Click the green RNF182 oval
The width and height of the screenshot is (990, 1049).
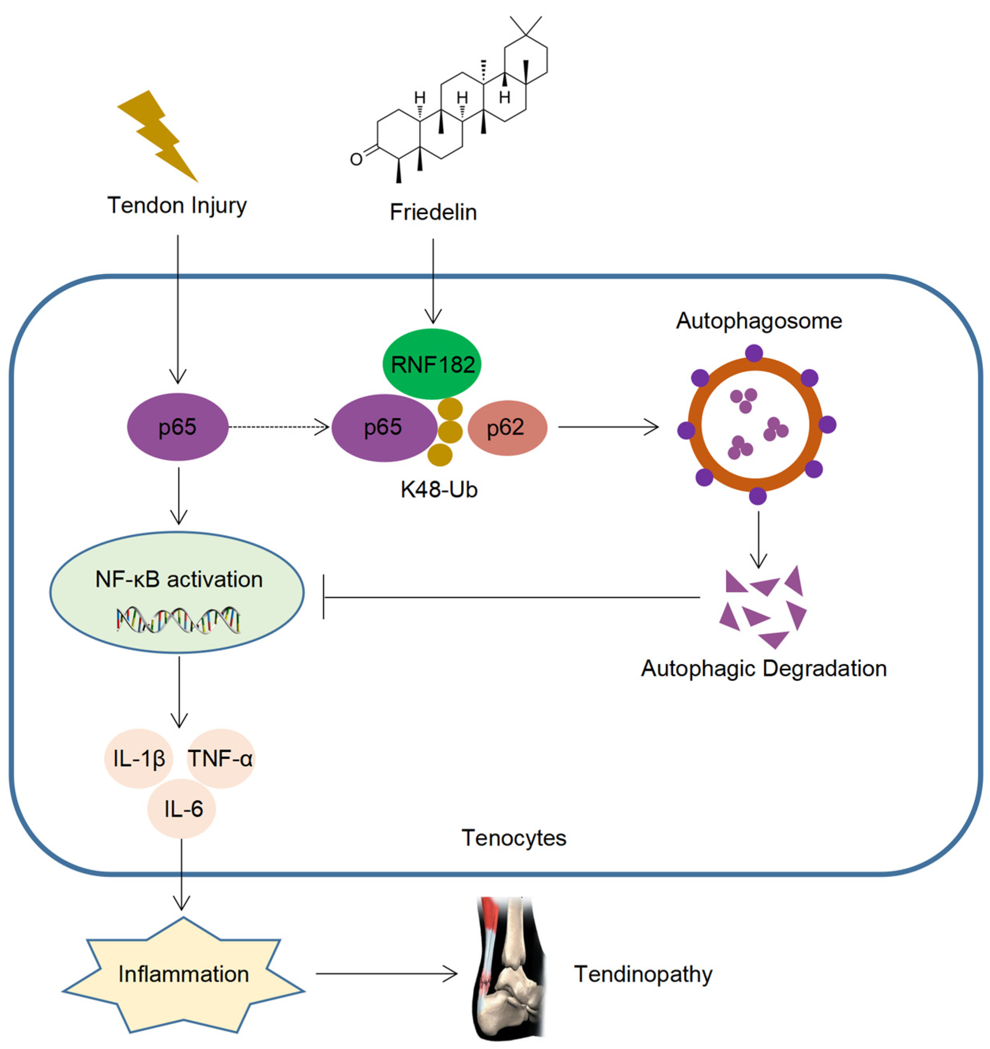pyautogui.click(x=432, y=364)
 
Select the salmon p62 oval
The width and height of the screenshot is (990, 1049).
pyautogui.click(x=506, y=428)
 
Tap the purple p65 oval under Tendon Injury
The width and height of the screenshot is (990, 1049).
pyautogui.click(x=178, y=427)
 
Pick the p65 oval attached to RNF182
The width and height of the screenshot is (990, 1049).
pyautogui.click(x=382, y=428)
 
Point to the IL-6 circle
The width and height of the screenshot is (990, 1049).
pyautogui.click(x=182, y=809)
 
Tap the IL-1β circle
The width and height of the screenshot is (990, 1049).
pyautogui.click(x=139, y=759)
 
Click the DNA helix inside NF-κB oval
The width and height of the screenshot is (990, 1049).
pyautogui.click(x=179, y=620)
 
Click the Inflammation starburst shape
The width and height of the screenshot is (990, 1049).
pyautogui.click(x=183, y=974)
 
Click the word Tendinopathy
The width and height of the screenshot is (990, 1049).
pyautogui.click(x=643, y=974)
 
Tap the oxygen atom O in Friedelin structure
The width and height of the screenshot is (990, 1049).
pyautogui.click(x=356, y=159)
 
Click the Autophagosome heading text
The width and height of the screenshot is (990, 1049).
pyautogui.click(x=759, y=321)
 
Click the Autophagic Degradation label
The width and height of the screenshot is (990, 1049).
pyautogui.click(x=764, y=669)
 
